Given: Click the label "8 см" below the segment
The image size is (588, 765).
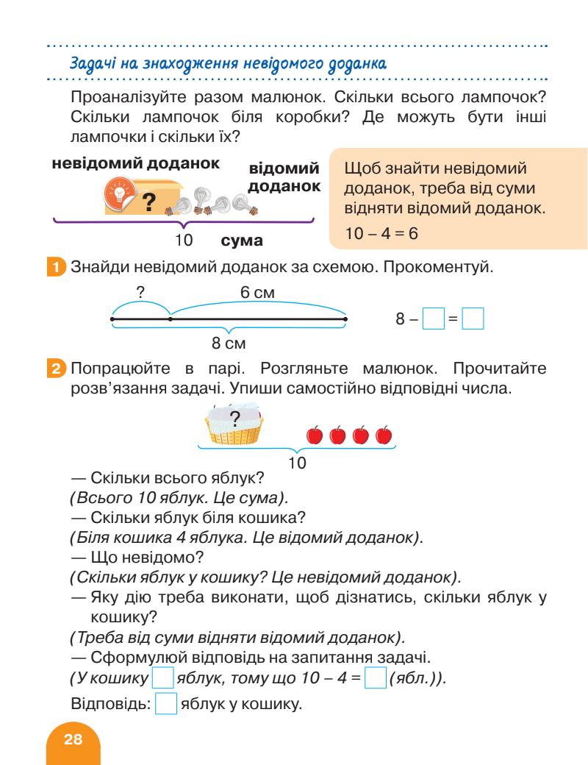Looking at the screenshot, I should point(228,342).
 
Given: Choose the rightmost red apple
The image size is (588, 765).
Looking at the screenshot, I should point(383,435).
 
